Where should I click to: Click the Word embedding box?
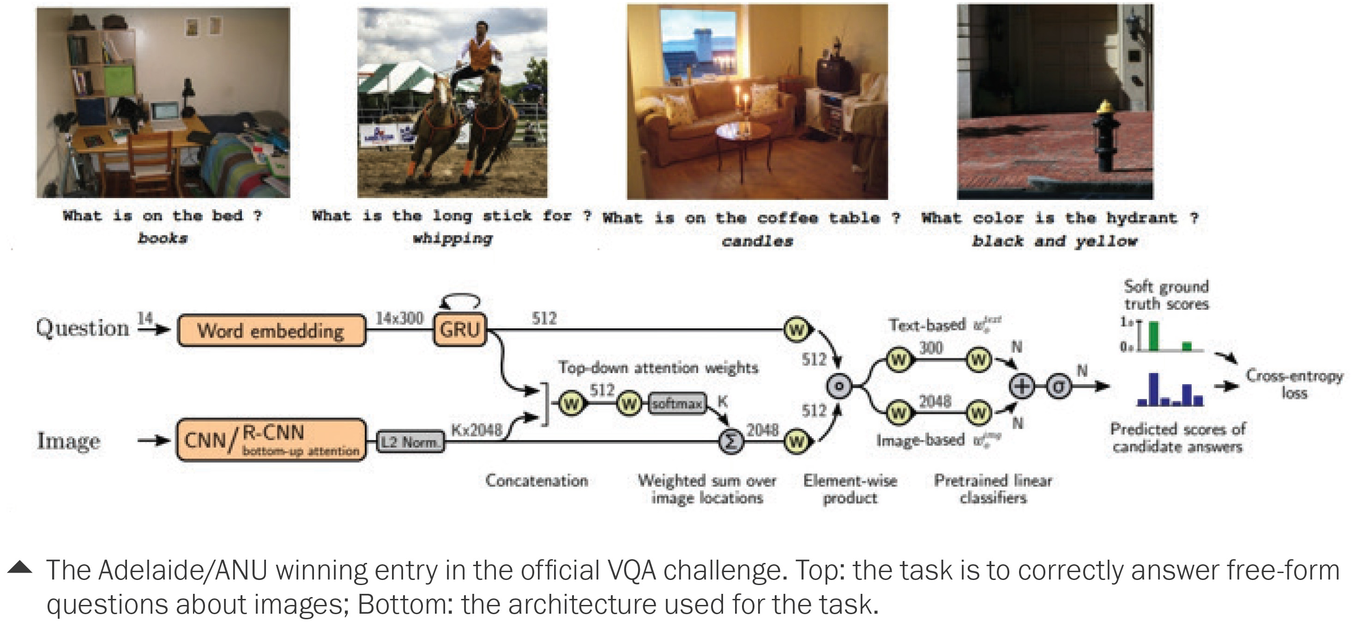pyautogui.click(x=271, y=331)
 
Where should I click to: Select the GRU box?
pyautogui.click(x=459, y=330)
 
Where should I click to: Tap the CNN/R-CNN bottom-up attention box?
pyautogui.click(x=271, y=440)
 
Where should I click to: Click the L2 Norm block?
pyautogui.click(x=410, y=441)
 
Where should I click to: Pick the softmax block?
pyautogui.click(x=677, y=404)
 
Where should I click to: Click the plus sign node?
pyautogui.click(x=1022, y=386)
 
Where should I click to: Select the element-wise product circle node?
pyautogui.click(x=838, y=386)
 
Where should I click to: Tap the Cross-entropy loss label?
pyautogui.click(x=1294, y=384)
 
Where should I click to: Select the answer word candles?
pyautogui.click(x=757, y=241)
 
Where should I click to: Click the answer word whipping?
pyautogui.click(x=452, y=239)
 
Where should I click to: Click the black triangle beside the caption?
pyautogui.click(x=20, y=567)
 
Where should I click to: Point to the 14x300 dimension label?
pyautogui.click(x=399, y=318)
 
